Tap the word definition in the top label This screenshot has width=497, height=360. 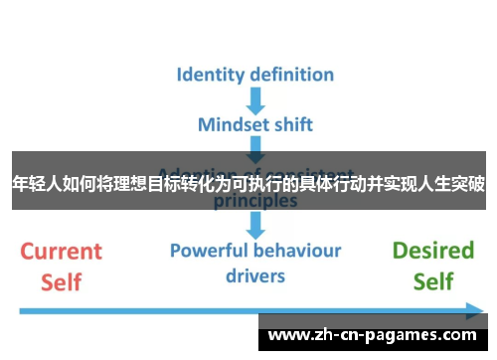click(287, 75)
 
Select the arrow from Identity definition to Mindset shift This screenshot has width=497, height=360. click(255, 99)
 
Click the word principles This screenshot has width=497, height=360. click(255, 200)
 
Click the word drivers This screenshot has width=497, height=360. click(254, 275)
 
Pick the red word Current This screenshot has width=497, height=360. click(62, 251)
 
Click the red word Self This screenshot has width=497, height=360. click(62, 281)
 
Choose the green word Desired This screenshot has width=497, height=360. click(433, 251)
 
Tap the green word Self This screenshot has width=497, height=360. click(433, 281)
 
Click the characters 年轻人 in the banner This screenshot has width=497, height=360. click(35, 183)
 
